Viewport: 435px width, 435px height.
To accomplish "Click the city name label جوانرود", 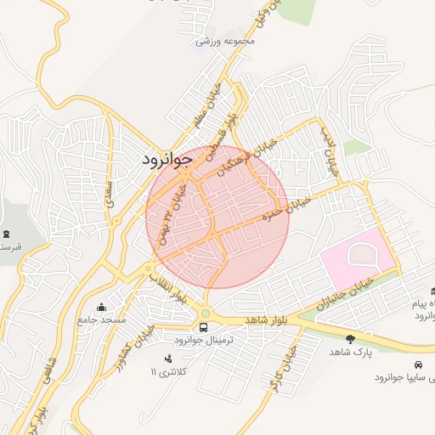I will pyautogui.click(x=167, y=159).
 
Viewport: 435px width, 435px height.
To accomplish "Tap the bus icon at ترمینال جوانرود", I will pyautogui.click(x=204, y=326).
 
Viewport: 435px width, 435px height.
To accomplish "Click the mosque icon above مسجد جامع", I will pyautogui.click(x=102, y=307).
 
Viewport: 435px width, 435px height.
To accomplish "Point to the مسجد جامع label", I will pyautogui.click(x=101, y=319).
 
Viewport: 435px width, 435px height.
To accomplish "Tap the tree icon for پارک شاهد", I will pyautogui.click(x=350, y=338).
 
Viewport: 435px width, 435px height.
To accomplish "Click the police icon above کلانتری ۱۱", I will pyautogui.click(x=167, y=359).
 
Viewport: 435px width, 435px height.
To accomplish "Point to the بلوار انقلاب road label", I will pyautogui.click(x=168, y=288).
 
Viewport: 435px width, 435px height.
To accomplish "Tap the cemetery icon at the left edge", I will pyautogui.click(x=7, y=234).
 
